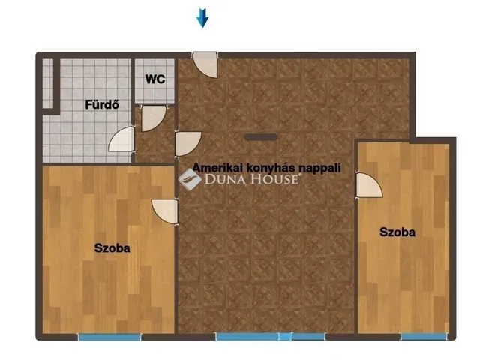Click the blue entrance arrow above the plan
(202, 18)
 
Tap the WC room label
(155, 79)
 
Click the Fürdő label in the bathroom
(102, 105)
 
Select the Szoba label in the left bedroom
(112, 247)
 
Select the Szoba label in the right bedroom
(397, 232)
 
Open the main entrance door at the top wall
(205, 64)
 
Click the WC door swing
(153, 118)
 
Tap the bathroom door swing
(121, 139)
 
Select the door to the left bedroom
(165, 211)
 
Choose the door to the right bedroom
(369, 185)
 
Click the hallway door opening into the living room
(188, 144)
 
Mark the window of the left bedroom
(109, 337)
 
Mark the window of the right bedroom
(424, 337)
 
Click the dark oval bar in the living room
(261, 137)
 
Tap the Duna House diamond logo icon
(190, 179)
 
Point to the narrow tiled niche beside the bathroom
(48, 83)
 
